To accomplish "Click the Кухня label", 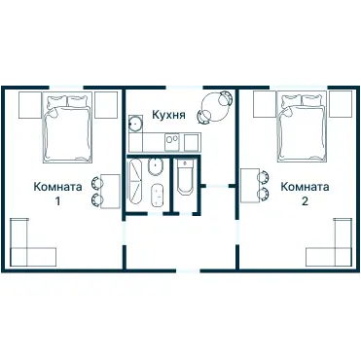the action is click(168, 115).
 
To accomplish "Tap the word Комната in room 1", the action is click(57, 187).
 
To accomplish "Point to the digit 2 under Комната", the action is click(305, 201).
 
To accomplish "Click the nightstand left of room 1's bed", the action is click(30, 105).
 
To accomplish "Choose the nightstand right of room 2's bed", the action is click(341, 104).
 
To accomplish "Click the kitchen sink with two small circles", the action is click(171, 143).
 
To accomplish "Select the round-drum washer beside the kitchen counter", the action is click(135, 124).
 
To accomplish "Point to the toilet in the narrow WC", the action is click(185, 177).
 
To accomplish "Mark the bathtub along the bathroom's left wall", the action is click(135, 182).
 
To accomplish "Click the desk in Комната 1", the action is click(110, 192).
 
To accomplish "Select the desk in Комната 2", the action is click(250, 185).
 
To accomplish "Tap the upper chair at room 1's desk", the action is click(96, 183).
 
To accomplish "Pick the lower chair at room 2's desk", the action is click(264, 194).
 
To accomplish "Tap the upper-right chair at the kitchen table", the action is click(226, 98).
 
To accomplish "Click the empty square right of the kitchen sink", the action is click(191, 143).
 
